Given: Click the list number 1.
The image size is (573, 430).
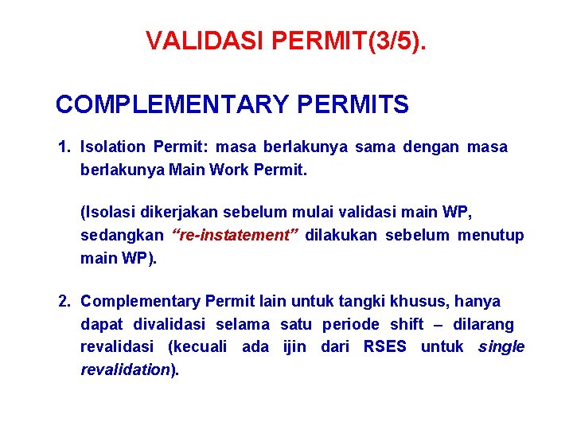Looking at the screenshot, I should coord(64,147).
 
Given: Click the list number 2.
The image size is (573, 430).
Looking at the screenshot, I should coord(64,301).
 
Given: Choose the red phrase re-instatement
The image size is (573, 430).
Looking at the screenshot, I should coord(235,236).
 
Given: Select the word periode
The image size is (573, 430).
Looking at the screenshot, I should coord(353,325).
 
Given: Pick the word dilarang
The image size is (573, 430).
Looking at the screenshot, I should coord(484,325).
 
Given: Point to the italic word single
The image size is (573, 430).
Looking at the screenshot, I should coord(501,347).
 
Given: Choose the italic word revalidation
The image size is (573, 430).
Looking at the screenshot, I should coord(126,369).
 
